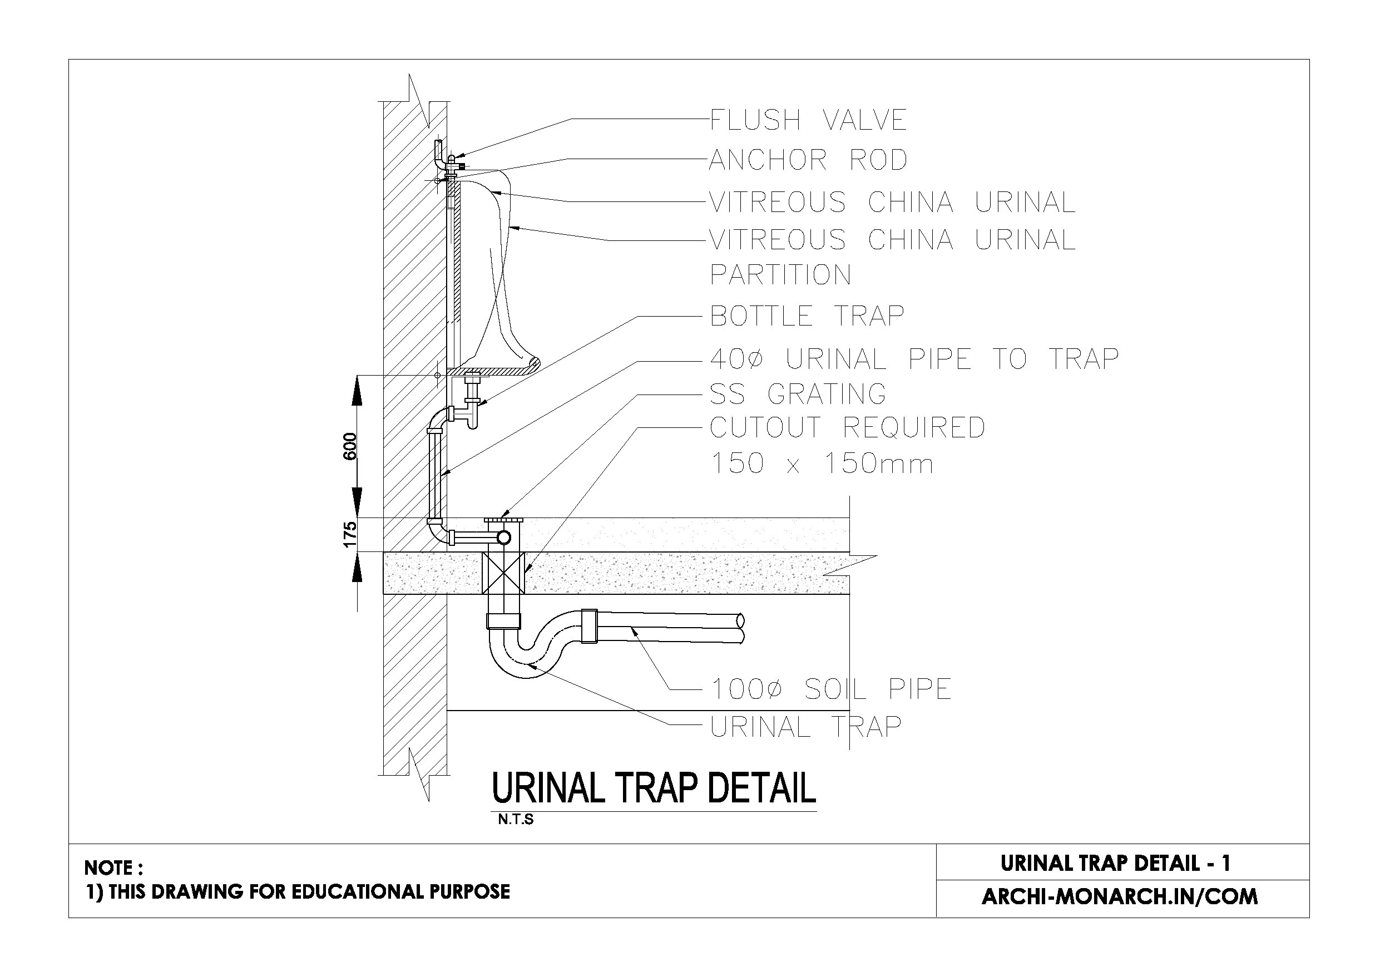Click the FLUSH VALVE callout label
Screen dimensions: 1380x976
[x=808, y=120]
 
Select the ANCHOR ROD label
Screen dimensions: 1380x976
[x=808, y=160]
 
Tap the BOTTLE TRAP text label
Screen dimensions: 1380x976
[x=807, y=316]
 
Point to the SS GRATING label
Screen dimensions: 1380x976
[x=798, y=395]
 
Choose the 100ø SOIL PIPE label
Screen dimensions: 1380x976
[x=831, y=689]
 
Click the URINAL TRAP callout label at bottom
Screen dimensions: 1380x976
[x=806, y=727]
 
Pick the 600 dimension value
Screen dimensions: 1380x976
[x=350, y=446]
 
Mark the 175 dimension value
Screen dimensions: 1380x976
[x=350, y=535]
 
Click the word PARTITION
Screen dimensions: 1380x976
[x=780, y=275]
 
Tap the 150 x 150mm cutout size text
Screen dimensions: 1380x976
[x=822, y=464]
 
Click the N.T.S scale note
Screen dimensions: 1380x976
[x=516, y=820]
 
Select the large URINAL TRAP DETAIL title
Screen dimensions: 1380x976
[x=654, y=788]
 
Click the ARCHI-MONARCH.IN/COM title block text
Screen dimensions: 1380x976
[x=1120, y=896]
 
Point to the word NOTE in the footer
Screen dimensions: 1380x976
[x=109, y=867]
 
